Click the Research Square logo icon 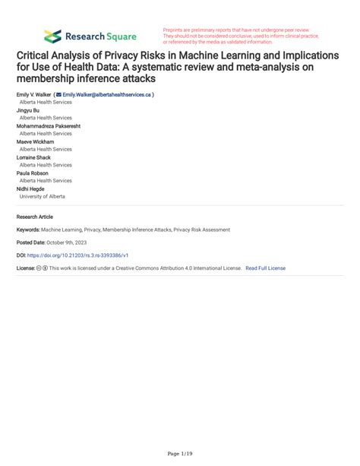click(52, 36)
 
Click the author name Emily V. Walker click(33, 95)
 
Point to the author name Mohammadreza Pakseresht click(50, 127)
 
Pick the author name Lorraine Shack click(35, 157)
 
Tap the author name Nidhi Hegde click(30, 189)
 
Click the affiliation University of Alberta click(43, 196)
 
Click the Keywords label click(27, 229)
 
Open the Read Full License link click(266, 268)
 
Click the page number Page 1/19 click(180, 454)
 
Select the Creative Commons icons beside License click(45, 268)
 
